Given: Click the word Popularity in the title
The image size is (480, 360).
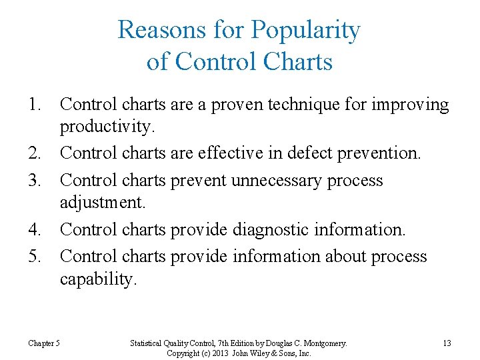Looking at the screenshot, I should click(x=306, y=30).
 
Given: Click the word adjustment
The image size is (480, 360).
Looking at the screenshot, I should click(x=101, y=202).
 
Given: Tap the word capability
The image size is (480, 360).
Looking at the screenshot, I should click(x=98, y=279).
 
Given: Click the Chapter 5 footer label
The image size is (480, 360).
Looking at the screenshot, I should click(x=44, y=343).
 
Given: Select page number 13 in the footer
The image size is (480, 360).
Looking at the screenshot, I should click(x=447, y=343).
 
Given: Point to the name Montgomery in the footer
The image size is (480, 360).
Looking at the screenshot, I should click(x=323, y=343).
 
